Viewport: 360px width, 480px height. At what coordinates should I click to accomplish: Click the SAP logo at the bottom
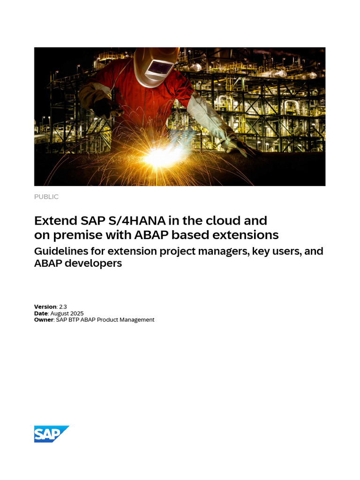pyautogui.click(x=51, y=434)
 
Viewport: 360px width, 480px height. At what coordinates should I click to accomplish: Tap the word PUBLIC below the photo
pyautogui.click(x=46, y=197)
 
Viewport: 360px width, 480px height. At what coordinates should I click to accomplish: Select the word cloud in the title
pyautogui.click(x=249, y=220)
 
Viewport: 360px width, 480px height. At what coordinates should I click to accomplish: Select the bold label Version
pyautogui.click(x=45, y=307)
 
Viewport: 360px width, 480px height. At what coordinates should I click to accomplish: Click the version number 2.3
pyautogui.click(x=63, y=307)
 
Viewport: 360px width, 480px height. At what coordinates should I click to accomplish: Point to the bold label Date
pyautogui.click(x=41, y=313)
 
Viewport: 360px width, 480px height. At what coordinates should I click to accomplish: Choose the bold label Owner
pyautogui.click(x=44, y=320)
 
